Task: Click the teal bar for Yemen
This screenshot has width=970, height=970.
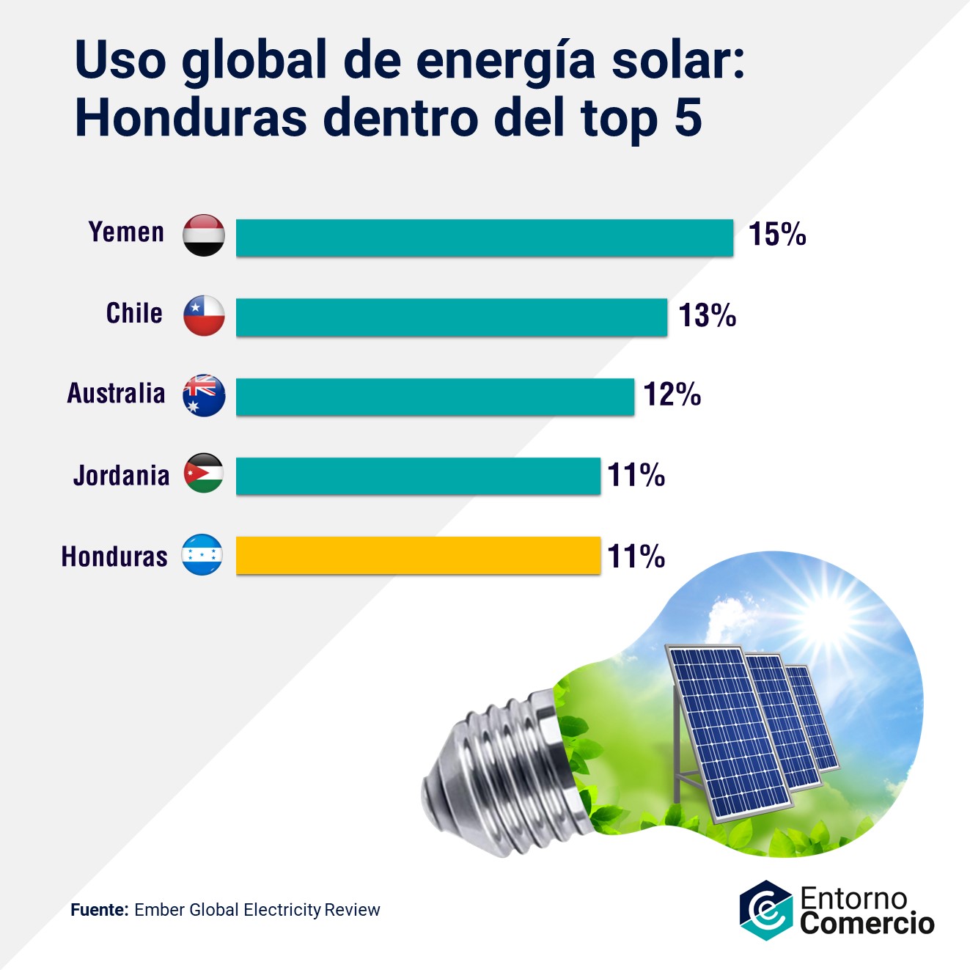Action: click(x=484, y=238)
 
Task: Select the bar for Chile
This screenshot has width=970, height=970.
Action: click(x=451, y=317)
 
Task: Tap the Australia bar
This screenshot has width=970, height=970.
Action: click(x=435, y=397)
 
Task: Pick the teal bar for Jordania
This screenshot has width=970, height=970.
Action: click(x=418, y=476)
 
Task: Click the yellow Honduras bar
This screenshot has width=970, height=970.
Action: click(x=418, y=555)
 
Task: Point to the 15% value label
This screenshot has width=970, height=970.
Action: click(x=777, y=235)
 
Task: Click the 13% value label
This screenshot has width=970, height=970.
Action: click(x=707, y=315)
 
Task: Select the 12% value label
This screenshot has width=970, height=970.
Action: click(x=672, y=394)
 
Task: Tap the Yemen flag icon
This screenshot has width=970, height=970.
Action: click(x=204, y=235)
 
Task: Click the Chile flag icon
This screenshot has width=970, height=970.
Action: click(x=204, y=316)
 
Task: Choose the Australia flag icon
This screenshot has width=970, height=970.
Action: click(x=204, y=396)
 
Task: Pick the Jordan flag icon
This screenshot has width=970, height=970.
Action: click(x=204, y=474)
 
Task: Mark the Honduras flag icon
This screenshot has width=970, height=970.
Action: click(x=202, y=554)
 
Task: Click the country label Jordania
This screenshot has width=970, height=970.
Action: click(x=121, y=476)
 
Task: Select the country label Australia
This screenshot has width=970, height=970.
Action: click(x=116, y=394)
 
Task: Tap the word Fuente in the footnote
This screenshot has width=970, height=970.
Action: click(x=99, y=910)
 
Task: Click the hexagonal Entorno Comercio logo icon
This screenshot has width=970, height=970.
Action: click(x=765, y=910)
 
